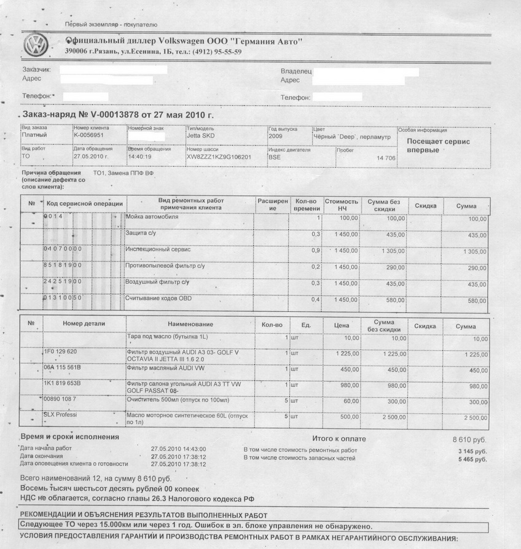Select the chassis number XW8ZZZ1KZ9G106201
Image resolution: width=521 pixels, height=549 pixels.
[x=219, y=157]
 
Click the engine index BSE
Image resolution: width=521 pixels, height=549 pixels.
[x=274, y=157]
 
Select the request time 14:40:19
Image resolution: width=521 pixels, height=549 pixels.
[x=141, y=157]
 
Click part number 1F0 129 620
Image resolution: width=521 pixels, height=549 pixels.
[x=60, y=351]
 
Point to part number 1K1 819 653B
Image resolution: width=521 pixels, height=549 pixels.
[x=62, y=384]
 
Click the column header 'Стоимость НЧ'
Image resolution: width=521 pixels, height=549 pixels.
[x=341, y=204]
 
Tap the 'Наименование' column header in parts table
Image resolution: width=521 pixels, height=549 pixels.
[x=190, y=324]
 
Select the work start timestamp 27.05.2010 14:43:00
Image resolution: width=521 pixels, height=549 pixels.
[x=178, y=449]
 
